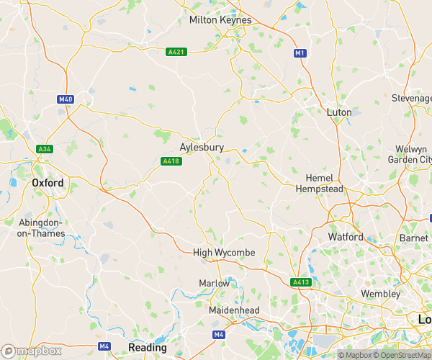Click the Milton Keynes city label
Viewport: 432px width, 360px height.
220,20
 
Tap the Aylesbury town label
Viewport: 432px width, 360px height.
202,147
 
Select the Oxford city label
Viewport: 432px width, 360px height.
48,183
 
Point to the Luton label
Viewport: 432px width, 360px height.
339,113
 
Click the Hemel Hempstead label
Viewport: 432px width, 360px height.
320,183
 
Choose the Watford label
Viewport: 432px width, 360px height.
346,236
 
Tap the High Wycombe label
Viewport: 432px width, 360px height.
224,252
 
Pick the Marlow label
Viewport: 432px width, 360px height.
214,284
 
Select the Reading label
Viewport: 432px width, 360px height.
147,347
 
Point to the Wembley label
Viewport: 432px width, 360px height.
381,294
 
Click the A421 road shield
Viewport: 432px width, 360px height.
176,52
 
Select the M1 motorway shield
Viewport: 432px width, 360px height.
300,53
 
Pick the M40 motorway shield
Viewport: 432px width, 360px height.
66,99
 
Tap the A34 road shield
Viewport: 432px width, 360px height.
44,149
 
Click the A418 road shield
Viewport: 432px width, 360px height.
170,161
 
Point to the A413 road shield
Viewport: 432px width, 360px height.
301,282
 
